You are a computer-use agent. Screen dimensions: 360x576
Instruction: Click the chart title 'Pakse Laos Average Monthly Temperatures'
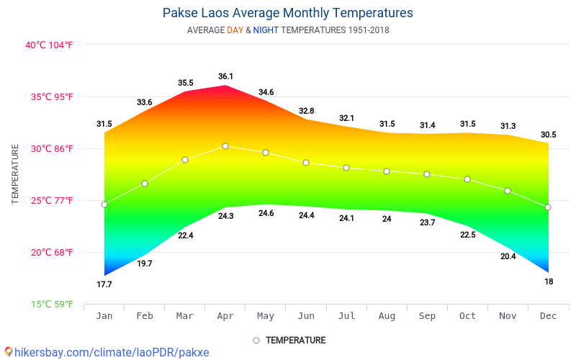coord(288,13)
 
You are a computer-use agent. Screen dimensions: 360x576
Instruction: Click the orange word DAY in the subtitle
coord(235,30)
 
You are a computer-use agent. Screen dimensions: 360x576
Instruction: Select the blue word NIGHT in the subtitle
coord(266,30)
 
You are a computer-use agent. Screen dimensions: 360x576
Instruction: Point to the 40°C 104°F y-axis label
coord(50,45)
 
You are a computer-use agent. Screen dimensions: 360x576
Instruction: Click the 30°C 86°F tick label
coord(50,148)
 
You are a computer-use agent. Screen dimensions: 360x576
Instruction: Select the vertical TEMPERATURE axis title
coord(15,174)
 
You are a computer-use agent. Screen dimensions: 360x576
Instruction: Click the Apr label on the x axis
coord(225,315)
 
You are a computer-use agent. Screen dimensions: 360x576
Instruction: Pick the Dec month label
coord(548,315)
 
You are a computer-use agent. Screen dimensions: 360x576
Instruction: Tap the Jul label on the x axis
coord(346,315)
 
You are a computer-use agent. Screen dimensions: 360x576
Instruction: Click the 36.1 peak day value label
coord(225,76)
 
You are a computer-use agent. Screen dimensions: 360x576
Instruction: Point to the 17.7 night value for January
coord(104,284)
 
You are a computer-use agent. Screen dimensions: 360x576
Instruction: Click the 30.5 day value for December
coord(548,135)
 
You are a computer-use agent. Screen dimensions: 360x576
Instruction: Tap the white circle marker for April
coord(225,146)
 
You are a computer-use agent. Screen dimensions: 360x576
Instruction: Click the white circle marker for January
coord(104,204)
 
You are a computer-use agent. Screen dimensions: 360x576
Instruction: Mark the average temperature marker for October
coord(467,179)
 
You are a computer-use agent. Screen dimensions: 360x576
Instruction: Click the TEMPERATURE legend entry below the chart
coord(289,340)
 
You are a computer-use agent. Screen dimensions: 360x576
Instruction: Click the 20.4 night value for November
coord(508,256)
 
